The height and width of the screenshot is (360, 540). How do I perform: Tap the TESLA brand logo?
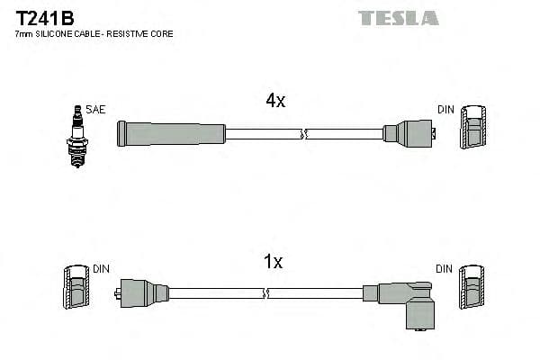pos(398,17)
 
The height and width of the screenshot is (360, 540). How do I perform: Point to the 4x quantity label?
pos(275,101)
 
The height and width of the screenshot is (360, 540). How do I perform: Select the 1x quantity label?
pos(273,262)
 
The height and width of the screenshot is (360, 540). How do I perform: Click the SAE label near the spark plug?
pos(96,110)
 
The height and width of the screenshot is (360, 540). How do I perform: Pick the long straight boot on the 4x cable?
pos(171,133)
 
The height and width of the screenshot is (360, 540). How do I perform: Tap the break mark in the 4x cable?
pos(305,134)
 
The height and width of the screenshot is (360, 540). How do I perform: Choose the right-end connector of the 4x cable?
pos(409,133)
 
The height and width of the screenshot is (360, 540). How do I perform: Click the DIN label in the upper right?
pos(446,110)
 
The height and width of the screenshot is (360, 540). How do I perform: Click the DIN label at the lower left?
pos(102,268)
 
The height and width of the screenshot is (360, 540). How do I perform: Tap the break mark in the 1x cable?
pos(265,293)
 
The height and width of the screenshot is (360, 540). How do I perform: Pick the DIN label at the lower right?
pos(445,268)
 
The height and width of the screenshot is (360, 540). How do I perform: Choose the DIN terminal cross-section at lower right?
pos(472,292)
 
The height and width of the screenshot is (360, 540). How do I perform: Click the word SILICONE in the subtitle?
pos(57,33)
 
